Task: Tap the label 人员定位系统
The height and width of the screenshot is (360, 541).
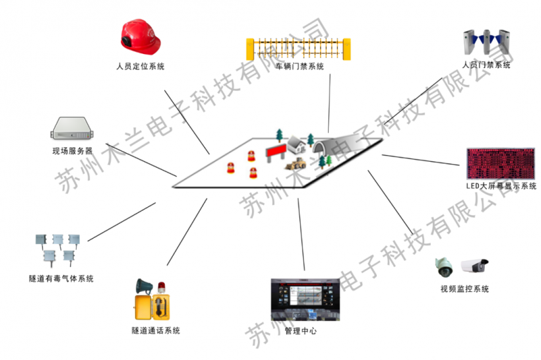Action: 140,67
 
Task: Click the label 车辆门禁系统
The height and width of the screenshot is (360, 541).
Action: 300,67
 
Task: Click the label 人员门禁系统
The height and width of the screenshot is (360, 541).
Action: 487,65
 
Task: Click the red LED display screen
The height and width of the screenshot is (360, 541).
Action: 499,164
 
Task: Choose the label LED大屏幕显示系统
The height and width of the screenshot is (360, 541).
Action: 501,187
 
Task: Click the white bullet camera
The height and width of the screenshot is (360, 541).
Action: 474,266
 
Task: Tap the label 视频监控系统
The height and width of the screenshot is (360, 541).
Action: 464,289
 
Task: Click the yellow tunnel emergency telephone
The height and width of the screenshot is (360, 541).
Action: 158,304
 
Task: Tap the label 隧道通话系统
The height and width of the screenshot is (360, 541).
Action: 156,330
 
